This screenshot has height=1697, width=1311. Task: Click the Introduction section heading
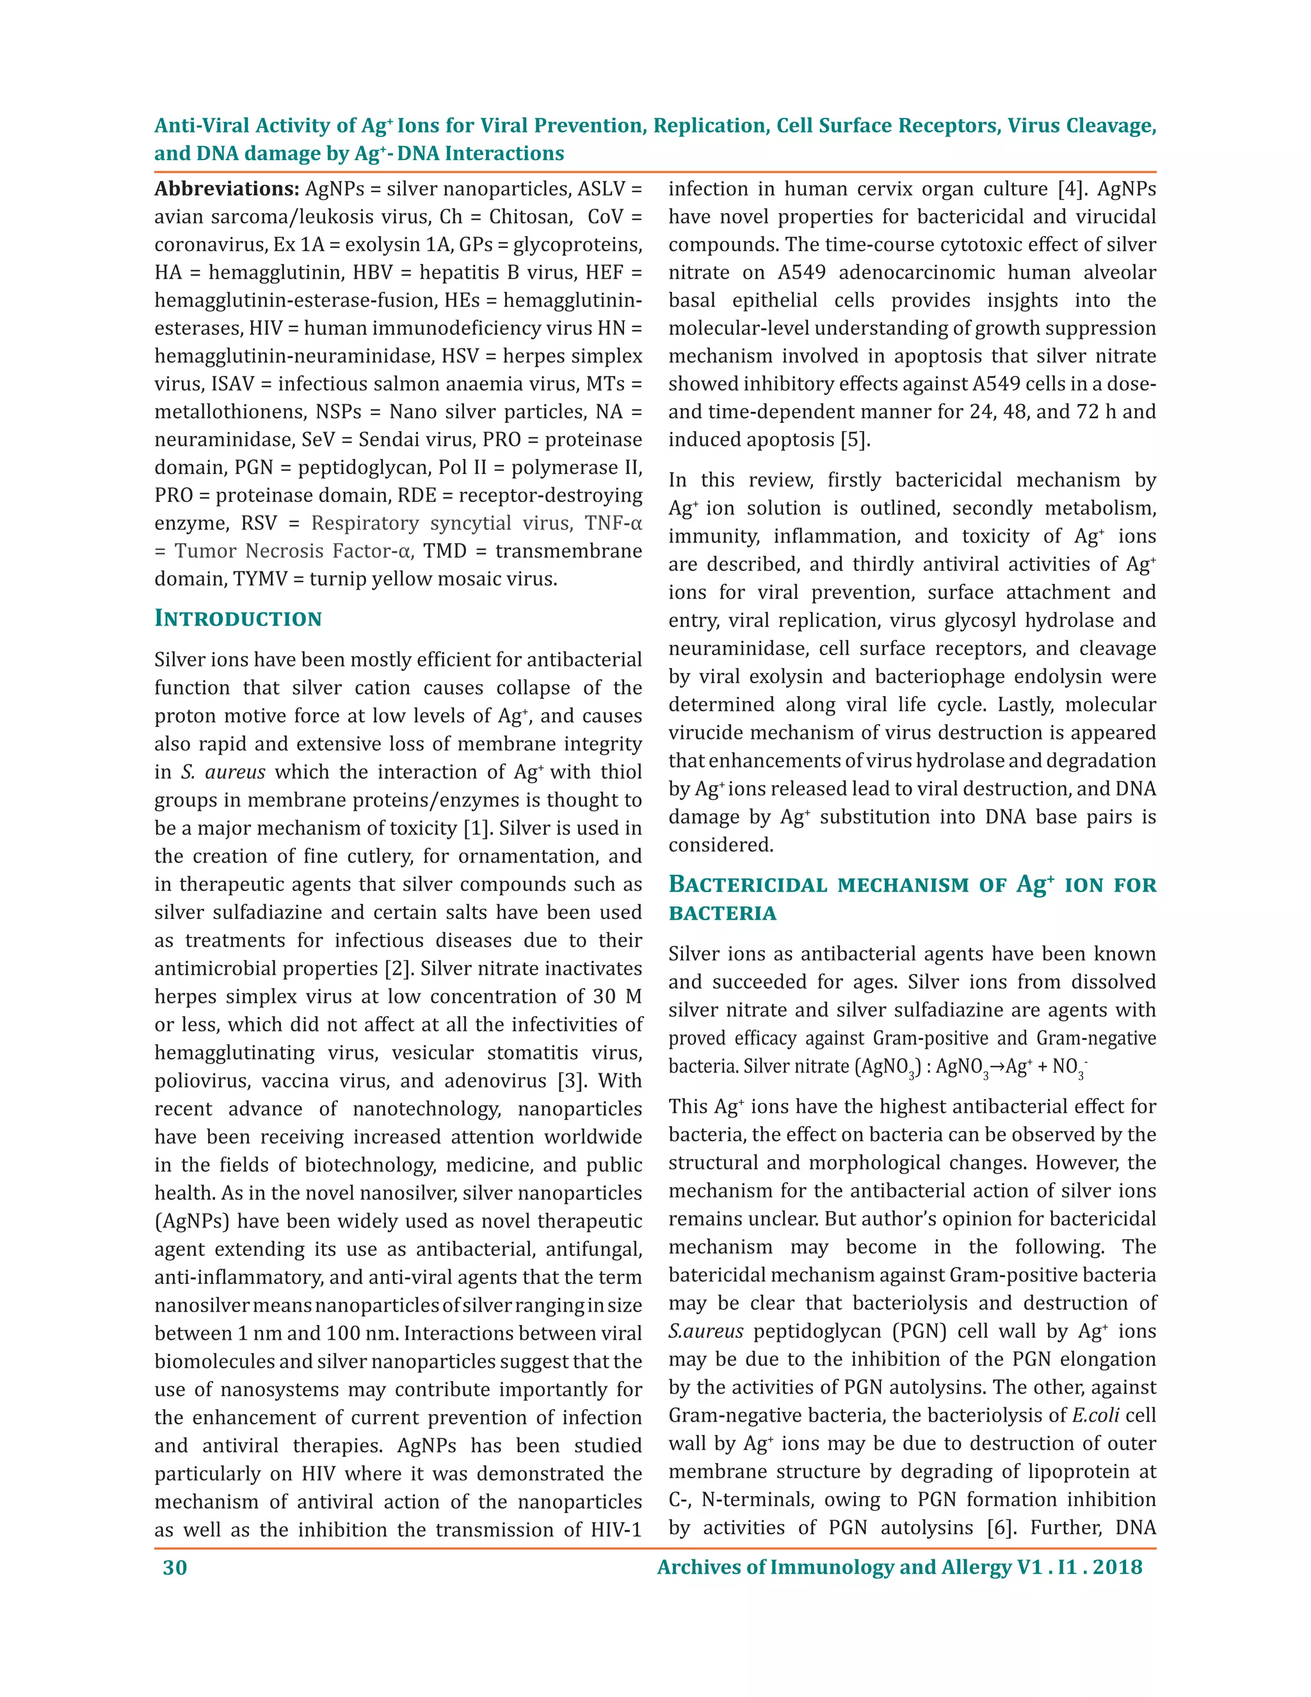(x=237, y=619)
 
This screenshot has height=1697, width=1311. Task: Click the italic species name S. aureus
(x=223, y=772)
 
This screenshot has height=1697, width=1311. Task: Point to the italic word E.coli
(x=1095, y=1416)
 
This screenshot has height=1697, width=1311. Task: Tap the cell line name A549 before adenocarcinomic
(x=801, y=273)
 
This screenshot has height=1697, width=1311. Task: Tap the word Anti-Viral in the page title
(x=202, y=126)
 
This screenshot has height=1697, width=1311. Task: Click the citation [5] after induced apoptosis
(x=855, y=440)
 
